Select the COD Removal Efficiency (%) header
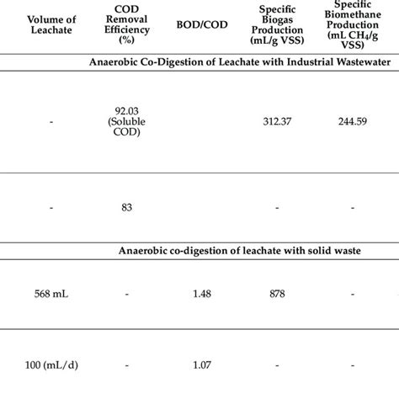tap(125, 23)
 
